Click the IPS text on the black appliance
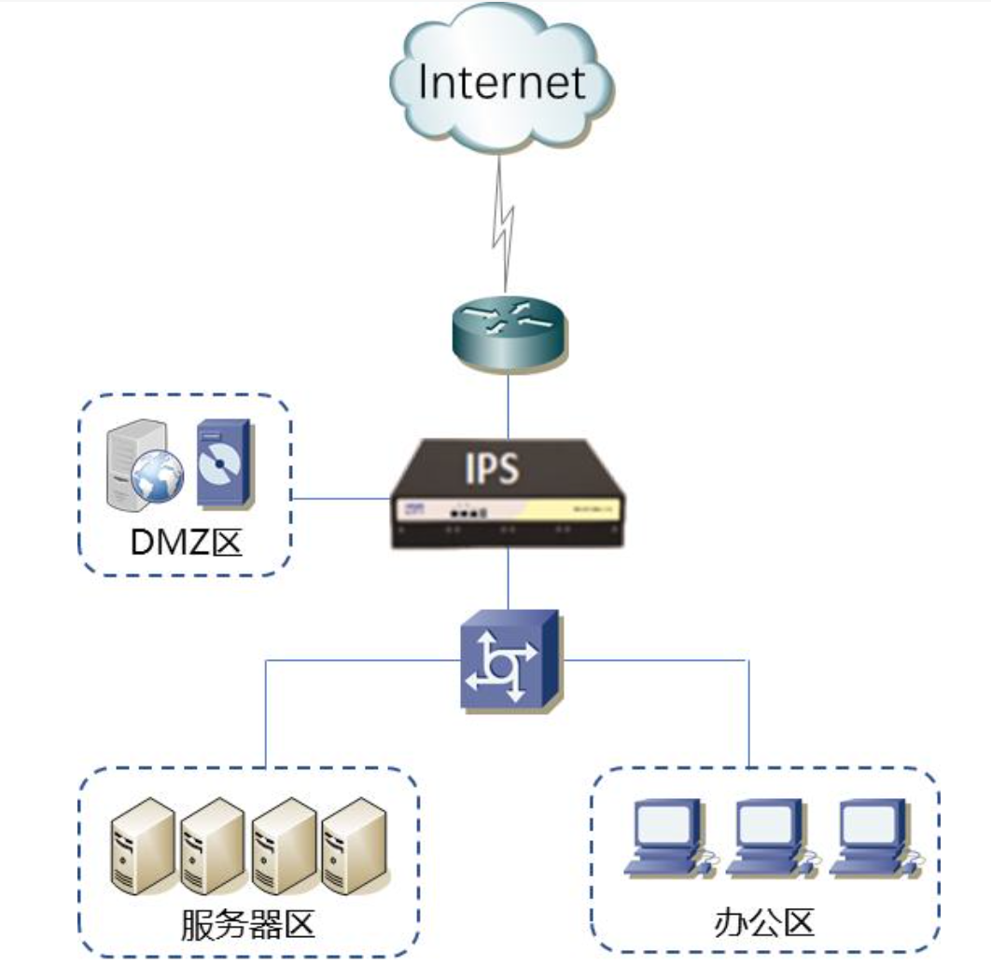pos(492,469)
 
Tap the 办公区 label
pos(764,923)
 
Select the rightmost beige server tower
pos(355,844)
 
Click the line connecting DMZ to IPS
pos(341,498)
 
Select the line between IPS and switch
pos(508,578)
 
